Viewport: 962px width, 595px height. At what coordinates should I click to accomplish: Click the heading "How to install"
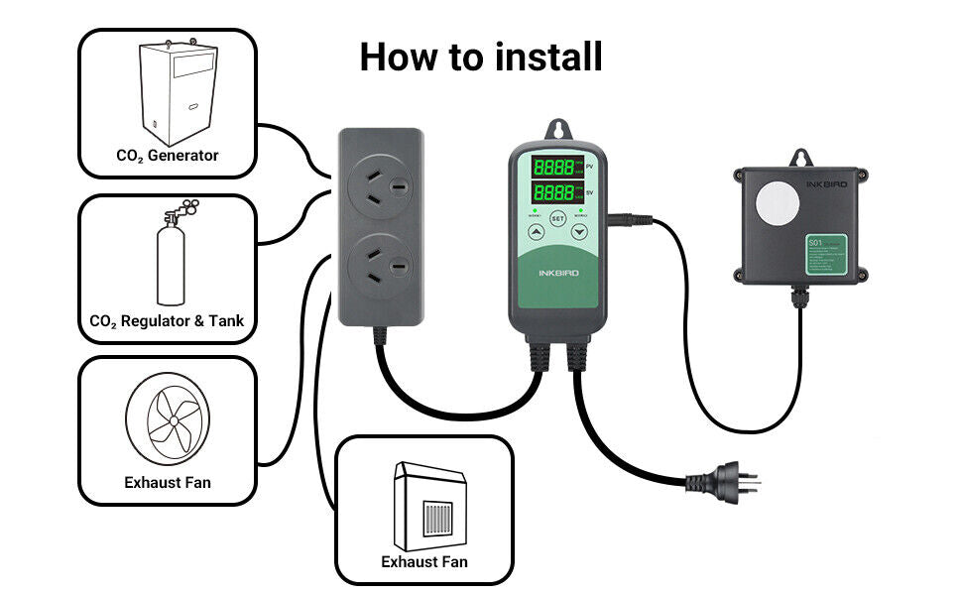pyautogui.click(x=481, y=58)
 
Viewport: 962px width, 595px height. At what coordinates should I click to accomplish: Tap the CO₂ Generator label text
pyautogui.click(x=168, y=156)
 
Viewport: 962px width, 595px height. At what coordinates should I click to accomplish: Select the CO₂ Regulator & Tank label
pyautogui.click(x=167, y=321)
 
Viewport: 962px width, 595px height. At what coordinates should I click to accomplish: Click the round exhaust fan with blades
pyautogui.click(x=168, y=422)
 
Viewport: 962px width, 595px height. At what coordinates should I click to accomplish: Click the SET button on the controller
pyautogui.click(x=557, y=218)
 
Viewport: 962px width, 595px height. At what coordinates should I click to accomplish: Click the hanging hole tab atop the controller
pyautogui.click(x=557, y=130)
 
